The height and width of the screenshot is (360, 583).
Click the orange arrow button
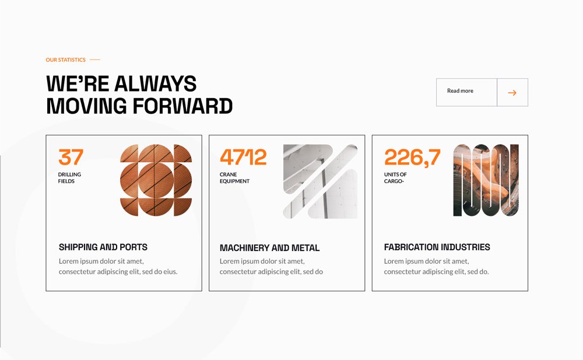click(x=512, y=92)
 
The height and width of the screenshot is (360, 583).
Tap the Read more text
click(x=460, y=91)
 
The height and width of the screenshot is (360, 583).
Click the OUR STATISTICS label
click(x=65, y=60)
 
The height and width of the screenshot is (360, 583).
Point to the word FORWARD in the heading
click(x=182, y=106)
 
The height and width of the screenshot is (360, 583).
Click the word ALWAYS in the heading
click(x=156, y=84)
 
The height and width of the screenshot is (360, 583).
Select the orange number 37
click(x=71, y=157)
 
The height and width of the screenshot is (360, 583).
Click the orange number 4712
click(x=243, y=157)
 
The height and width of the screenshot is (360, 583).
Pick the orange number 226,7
click(x=412, y=158)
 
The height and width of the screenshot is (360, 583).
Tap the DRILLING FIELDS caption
click(x=69, y=177)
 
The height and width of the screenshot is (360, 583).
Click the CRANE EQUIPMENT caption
click(x=234, y=177)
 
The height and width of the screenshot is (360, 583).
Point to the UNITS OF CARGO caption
click(x=395, y=177)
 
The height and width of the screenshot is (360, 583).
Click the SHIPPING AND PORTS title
click(x=103, y=247)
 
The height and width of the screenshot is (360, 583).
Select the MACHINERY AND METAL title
click(x=269, y=248)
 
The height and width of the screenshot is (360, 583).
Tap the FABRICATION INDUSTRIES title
click(x=437, y=247)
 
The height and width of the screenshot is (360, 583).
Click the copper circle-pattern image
click(x=156, y=180)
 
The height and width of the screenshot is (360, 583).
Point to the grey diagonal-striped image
click(x=320, y=181)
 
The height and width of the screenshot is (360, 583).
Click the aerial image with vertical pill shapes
click(x=486, y=180)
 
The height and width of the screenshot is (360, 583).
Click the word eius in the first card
click(x=170, y=272)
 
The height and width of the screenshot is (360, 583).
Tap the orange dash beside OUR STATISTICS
click(x=95, y=60)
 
